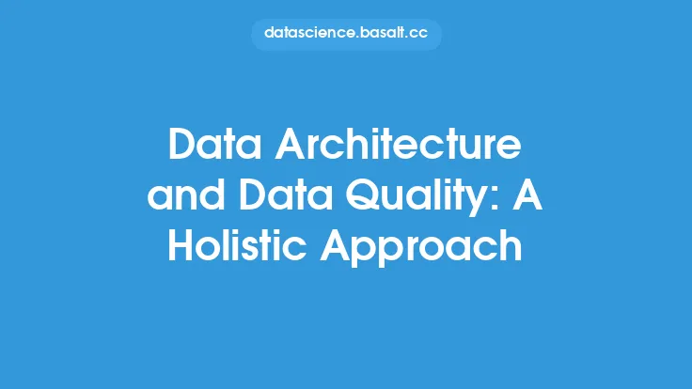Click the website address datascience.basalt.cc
click(x=346, y=33)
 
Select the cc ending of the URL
click(x=418, y=35)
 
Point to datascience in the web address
click(x=309, y=33)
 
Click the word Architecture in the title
click(x=398, y=144)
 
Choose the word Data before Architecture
click(x=215, y=144)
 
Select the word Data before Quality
click(x=286, y=194)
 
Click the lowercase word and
click(x=186, y=194)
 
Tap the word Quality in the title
click(x=417, y=196)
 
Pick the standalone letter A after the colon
click(x=527, y=194)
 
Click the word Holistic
click(x=237, y=245)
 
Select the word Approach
click(x=421, y=247)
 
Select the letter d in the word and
click(x=212, y=194)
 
